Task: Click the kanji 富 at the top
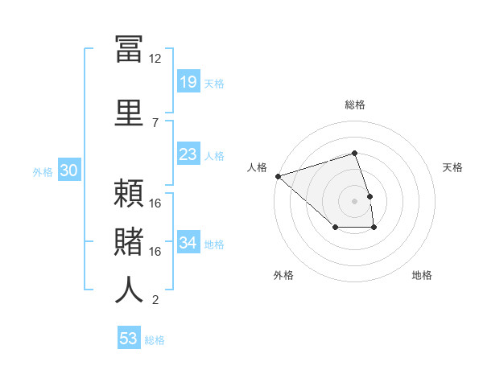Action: point(129,51)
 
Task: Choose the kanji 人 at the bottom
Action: point(129,290)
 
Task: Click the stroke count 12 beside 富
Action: point(155,59)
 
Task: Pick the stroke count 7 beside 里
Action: point(155,122)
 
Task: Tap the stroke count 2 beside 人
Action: point(155,300)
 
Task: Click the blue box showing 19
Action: point(188,82)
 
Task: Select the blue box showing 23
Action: point(188,154)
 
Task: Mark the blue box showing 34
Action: point(188,242)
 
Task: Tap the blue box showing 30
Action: point(68,171)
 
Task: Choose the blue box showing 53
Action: point(129,339)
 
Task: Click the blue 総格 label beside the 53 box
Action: point(155,340)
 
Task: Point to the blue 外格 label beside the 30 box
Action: point(43,172)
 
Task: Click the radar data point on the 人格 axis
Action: point(278,175)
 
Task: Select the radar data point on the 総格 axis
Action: point(354,153)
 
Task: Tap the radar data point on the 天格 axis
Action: point(369,196)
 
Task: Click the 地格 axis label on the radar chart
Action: point(422,276)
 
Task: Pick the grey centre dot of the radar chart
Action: point(354,201)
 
